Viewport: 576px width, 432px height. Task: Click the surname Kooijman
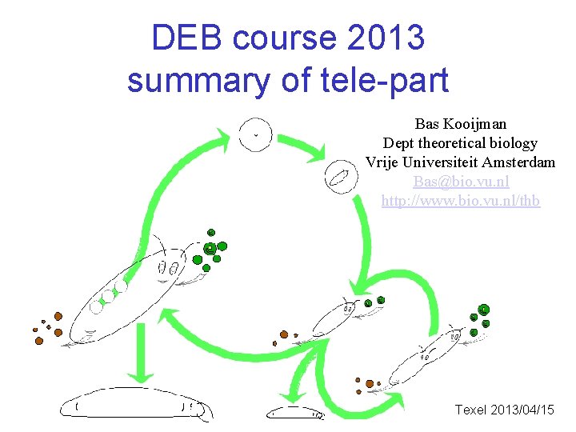coord(478,124)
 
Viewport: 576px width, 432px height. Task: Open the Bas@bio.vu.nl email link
coord(460,182)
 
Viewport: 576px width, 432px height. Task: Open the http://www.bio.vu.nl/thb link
coord(460,201)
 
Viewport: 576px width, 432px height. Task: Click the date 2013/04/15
coord(524,410)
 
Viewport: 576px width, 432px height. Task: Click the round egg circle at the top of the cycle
coord(255,134)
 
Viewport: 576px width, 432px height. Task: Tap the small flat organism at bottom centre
coord(296,412)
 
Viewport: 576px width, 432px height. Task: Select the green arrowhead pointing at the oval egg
coord(315,152)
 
